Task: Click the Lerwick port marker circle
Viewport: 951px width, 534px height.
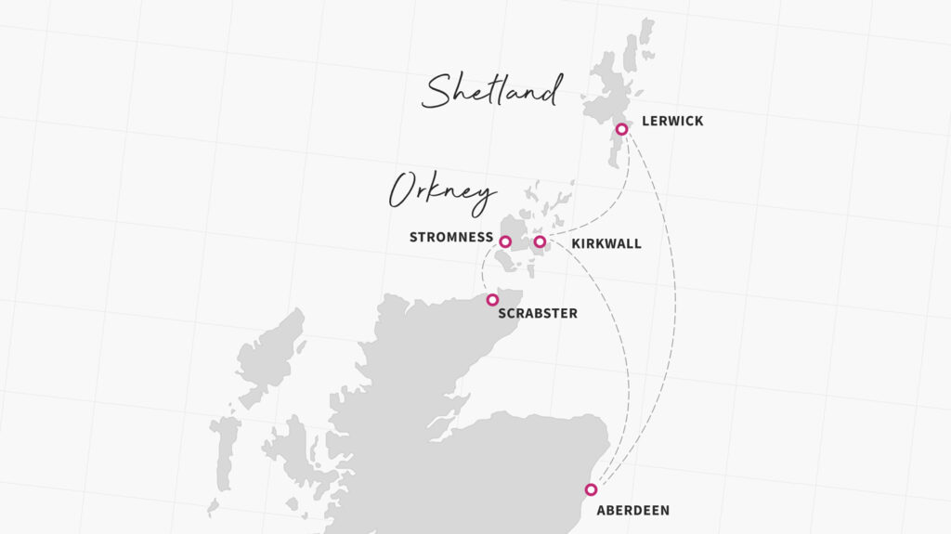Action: (621, 129)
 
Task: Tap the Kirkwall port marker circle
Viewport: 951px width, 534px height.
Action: (540, 241)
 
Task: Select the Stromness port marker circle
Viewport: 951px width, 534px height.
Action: (505, 241)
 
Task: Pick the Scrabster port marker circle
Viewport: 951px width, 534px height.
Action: (492, 299)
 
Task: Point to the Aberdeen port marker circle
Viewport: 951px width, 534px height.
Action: (591, 489)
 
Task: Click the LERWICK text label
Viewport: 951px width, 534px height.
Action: (672, 122)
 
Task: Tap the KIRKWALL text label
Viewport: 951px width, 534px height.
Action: (606, 244)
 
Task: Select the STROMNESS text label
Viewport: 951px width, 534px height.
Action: (451, 238)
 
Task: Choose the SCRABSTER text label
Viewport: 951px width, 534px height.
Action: (538, 314)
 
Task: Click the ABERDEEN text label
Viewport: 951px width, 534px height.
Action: (632, 511)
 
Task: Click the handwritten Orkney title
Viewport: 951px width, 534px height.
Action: (442, 193)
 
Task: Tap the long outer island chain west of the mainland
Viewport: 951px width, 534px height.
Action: (224, 455)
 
